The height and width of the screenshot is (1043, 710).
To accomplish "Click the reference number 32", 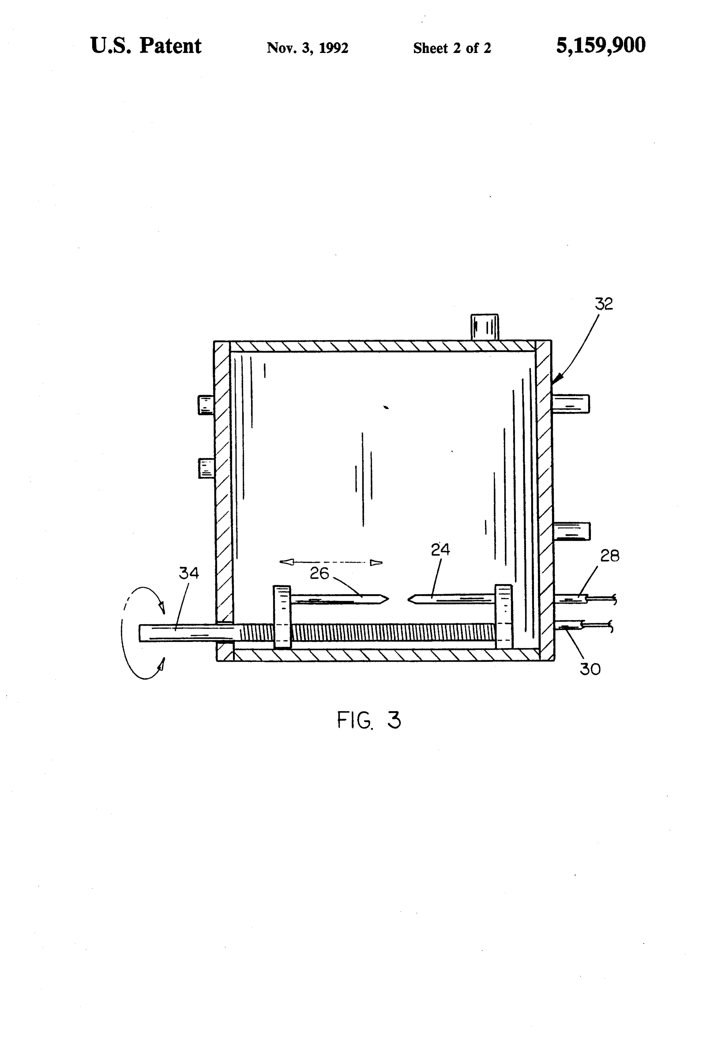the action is tap(603, 304).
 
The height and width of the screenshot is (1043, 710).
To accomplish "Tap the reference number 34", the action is tap(189, 573).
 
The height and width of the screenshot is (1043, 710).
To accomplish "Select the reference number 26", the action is tap(319, 573).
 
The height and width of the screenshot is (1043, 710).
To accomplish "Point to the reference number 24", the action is tap(440, 549).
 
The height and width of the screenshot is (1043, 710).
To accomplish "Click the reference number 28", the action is tap(610, 556).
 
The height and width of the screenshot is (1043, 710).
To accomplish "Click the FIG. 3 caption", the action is tap(369, 720).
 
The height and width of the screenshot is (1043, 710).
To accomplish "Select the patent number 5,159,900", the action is tap(600, 45).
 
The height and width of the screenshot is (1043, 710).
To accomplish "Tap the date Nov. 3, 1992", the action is tap(308, 47).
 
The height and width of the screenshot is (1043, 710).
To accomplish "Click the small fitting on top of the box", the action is tap(484, 327).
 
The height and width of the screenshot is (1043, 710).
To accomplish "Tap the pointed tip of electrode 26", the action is tap(388, 598).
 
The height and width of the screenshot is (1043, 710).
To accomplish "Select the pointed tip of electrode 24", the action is tap(408, 599).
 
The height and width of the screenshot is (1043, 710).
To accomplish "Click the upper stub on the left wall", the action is tap(206, 405).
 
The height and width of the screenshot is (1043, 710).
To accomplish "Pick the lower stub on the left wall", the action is tap(207, 468).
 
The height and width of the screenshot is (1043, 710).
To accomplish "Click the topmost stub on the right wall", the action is tap(570, 403).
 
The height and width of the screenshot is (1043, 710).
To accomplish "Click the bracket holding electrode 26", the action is tap(282, 617).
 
